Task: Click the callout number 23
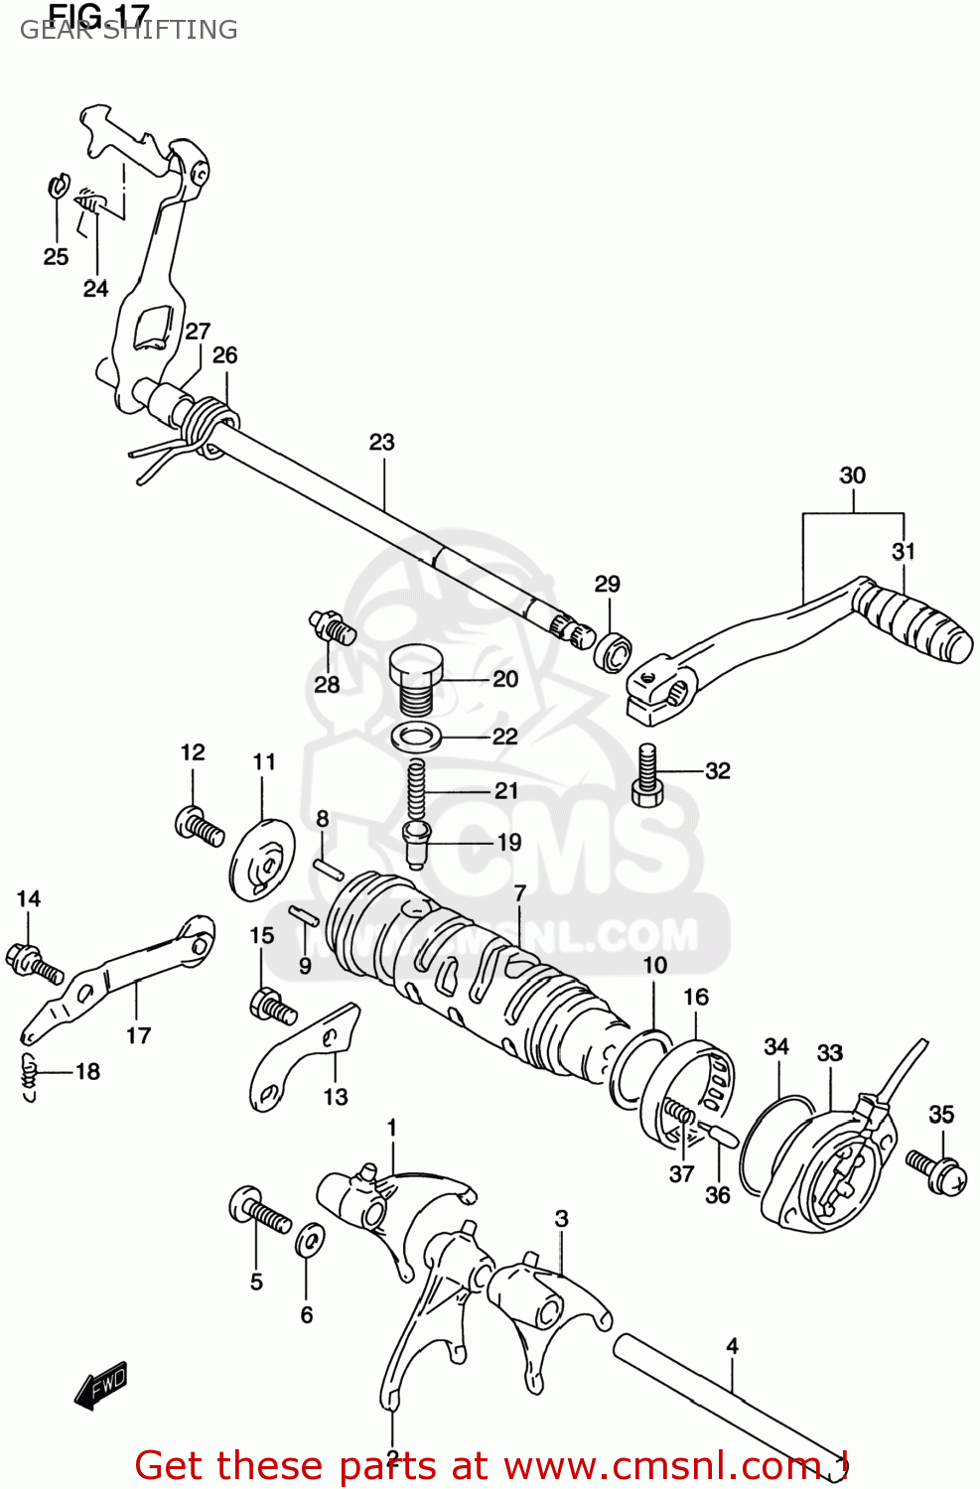coord(382,443)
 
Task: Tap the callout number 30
coord(853,476)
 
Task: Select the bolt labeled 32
coord(647,775)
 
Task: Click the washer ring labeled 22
coord(418,737)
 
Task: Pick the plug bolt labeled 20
coord(412,677)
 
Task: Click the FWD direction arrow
coord(101,1384)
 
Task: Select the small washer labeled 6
coord(309,1240)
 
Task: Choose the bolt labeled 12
coord(200,827)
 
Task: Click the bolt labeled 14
coord(34,961)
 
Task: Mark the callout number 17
coord(138,1036)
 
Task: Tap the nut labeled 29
coord(614,651)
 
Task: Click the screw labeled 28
coord(331,628)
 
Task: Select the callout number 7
coord(519,893)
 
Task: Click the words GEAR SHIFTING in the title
coord(129,31)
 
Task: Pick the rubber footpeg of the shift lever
coord(912,624)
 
